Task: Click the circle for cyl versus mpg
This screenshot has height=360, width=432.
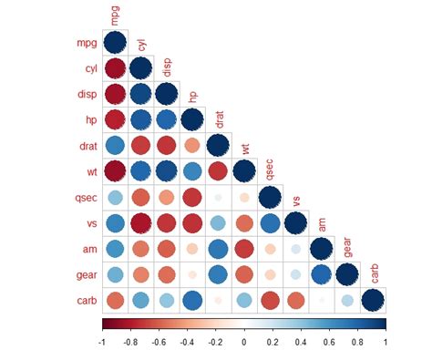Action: (x=115, y=68)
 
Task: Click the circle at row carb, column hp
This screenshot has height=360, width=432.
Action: (x=192, y=300)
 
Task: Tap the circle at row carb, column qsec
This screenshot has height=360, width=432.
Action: (x=270, y=300)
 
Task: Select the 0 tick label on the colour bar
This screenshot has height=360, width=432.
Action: (x=243, y=341)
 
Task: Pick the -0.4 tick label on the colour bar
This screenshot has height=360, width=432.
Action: (x=187, y=341)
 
